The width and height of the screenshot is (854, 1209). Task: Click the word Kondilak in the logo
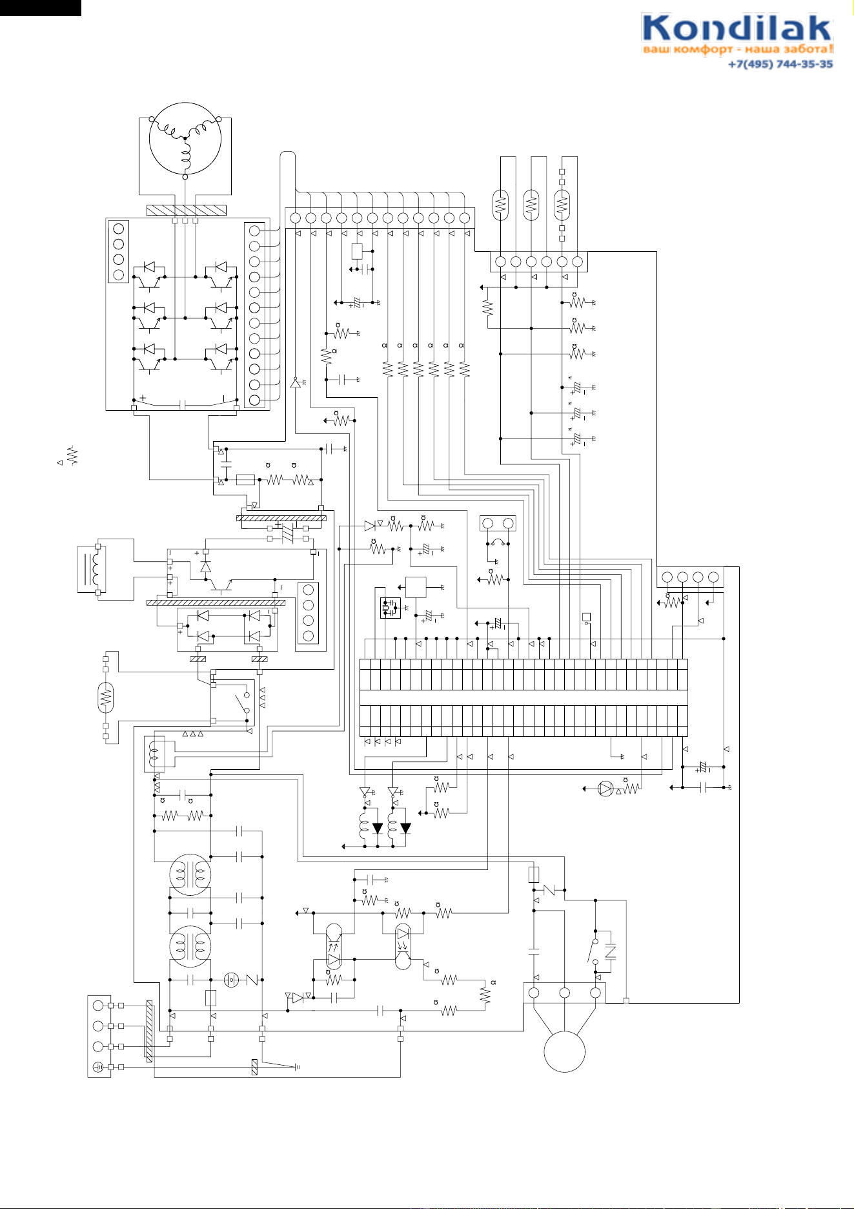pos(737,29)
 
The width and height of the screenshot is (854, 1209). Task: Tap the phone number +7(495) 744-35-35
pos(780,64)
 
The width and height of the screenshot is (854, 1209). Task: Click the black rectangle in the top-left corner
pos(41,8)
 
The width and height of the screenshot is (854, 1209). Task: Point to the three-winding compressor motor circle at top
pos(185,138)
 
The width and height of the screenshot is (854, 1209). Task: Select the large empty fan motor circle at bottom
pos(565,1051)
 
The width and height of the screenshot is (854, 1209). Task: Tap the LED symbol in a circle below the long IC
pos(605,789)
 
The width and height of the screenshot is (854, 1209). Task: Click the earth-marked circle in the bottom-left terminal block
pos(98,1067)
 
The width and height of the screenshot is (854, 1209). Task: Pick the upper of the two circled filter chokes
pos(190,875)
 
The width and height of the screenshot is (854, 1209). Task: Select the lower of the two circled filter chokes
pos(190,946)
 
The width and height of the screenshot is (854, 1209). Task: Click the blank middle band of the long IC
pos(524,698)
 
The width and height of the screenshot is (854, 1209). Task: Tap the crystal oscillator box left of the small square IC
pos(391,608)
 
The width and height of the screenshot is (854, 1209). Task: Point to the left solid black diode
pos(378,828)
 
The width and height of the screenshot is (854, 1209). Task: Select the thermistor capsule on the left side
pos(106,697)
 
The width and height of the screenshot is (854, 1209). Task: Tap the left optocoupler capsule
pos(334,946)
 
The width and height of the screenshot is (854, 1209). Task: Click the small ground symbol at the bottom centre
pos(296,1067)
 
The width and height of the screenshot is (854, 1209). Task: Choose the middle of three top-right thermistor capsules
pos(531,205)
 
